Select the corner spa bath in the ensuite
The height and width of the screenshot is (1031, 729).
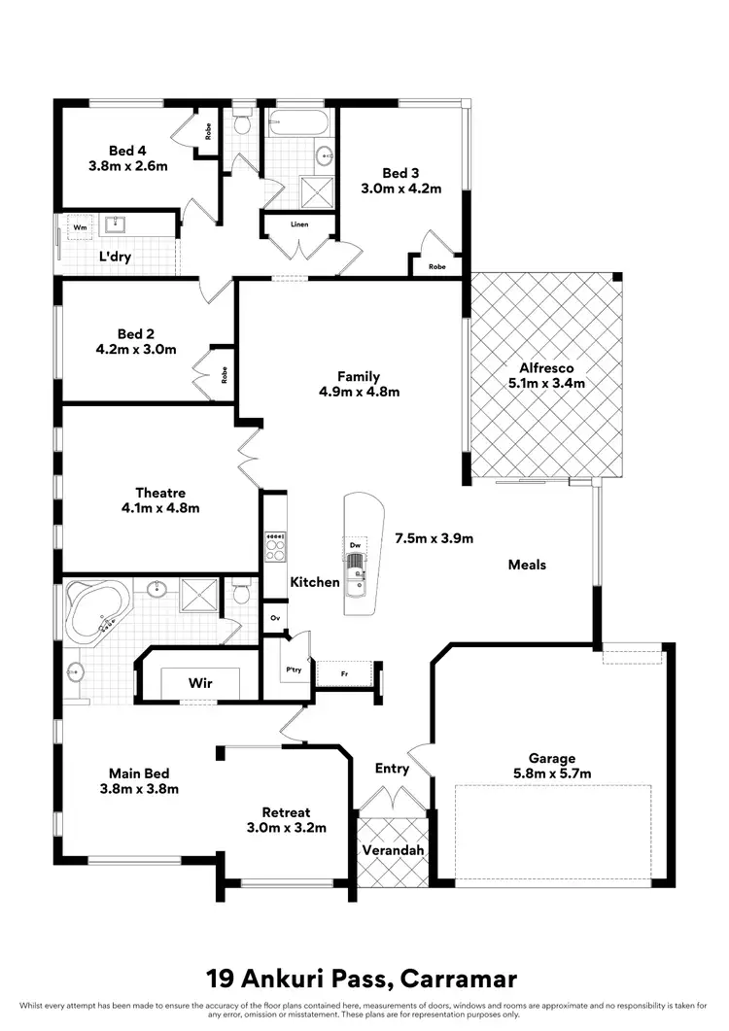(95, 611)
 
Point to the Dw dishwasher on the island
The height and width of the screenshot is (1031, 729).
(357, 545)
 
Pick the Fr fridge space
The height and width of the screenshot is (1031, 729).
(344, 672)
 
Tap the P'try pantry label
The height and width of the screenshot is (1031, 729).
(291, 670)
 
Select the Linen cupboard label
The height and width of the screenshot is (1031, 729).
(298, 224)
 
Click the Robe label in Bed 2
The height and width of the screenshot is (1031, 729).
(225, 374)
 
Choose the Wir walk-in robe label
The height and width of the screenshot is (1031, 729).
(199, 682)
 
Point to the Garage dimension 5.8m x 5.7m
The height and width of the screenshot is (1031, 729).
(552, 773)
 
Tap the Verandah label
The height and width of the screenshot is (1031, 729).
(392, 849)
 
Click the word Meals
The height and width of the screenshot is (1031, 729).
(527, 565)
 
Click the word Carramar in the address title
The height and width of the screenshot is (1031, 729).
(456, 977)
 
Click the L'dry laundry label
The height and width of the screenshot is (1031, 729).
(116, 258)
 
